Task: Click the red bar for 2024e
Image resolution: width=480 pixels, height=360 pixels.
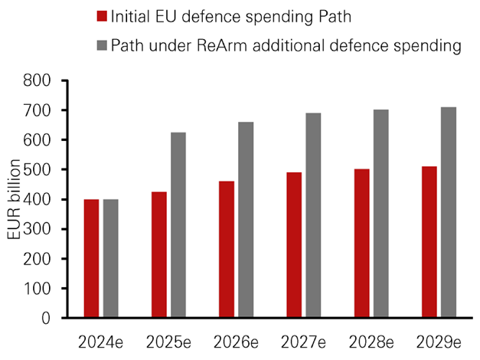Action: [92, 258]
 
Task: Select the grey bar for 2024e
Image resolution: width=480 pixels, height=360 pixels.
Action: [111, 258]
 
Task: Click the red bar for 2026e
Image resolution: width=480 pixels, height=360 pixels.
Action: [227, 249]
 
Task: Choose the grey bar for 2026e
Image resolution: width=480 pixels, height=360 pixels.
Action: [246, 219]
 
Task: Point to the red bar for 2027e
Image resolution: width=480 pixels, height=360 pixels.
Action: [295, 244]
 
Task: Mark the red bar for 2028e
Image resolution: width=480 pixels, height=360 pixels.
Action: [362, 243]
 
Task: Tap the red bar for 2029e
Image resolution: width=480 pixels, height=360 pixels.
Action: [429, 241]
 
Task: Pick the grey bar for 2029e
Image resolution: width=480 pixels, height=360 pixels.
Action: [449, 212]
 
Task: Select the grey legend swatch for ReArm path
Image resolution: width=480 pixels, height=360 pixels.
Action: [102, 45]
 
